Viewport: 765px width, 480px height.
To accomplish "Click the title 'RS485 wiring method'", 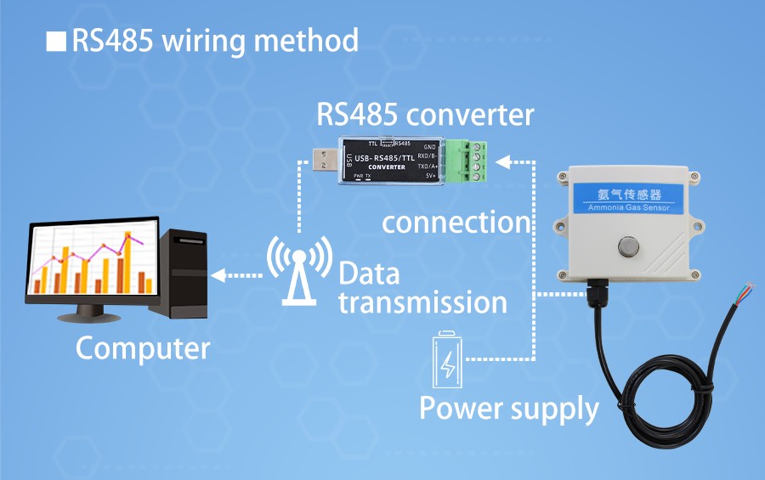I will [x=214, y=41].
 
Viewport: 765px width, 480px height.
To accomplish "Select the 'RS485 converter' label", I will [x=425, y=115].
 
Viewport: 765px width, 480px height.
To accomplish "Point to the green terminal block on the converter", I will [x=473, y=158].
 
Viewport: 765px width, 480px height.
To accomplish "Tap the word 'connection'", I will [x=456, y=223].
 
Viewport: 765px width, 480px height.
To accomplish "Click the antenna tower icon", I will [x=299, y=268].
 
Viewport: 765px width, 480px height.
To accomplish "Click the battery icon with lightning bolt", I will [x=447, y=361].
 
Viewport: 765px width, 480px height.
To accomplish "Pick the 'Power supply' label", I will [x=509, y=409].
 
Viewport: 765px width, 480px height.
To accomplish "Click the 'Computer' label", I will [x=142, y=348].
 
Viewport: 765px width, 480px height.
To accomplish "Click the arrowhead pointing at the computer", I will [x=218, y=274].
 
